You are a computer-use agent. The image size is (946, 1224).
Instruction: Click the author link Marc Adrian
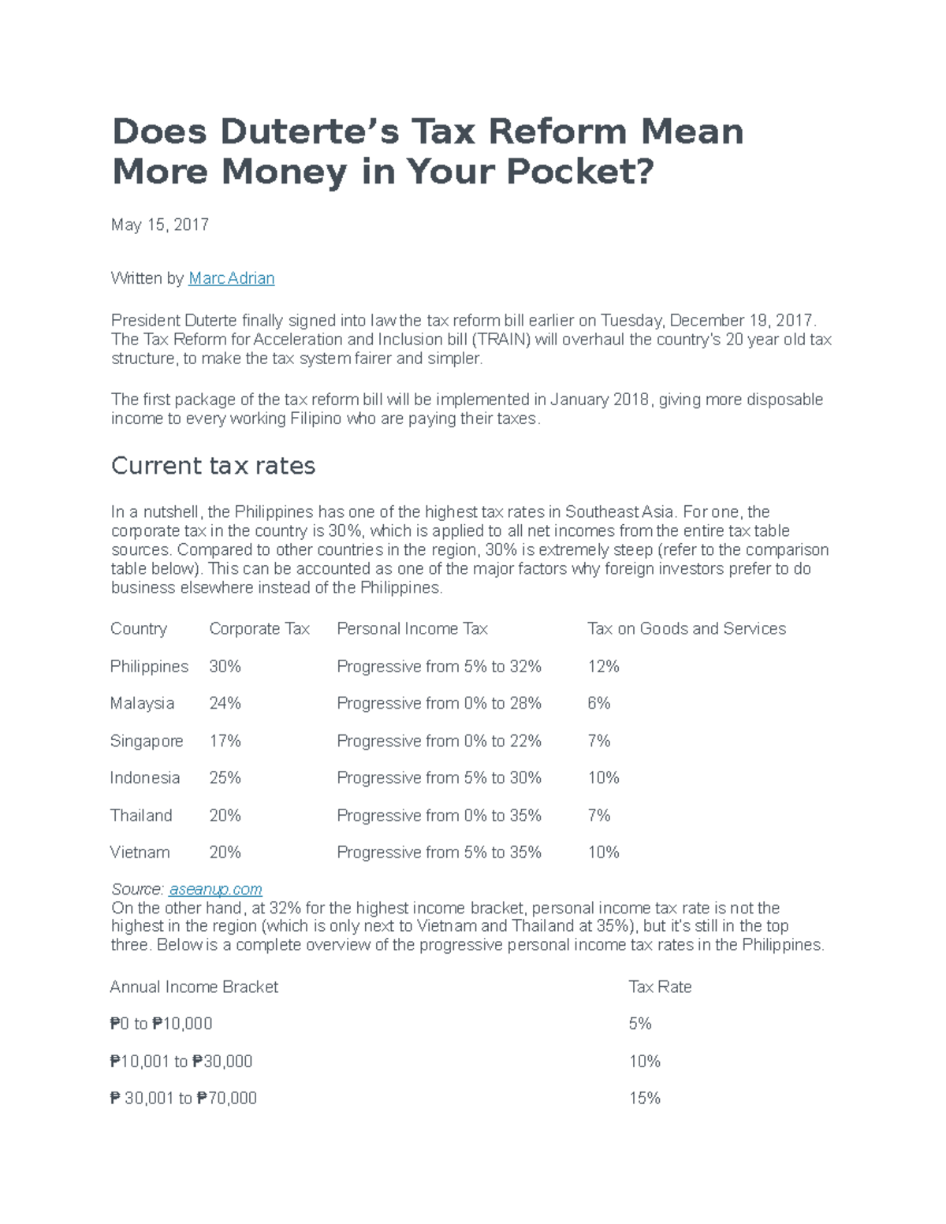point(232,278)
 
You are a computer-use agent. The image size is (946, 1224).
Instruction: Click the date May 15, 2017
point(160,225)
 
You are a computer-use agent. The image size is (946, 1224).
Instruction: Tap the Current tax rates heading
point(213,466)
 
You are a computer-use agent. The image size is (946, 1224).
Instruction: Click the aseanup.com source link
point(215,889)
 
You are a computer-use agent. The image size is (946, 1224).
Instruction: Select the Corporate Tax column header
point(259,629)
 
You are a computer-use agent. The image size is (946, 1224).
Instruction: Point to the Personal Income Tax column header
point(412,629)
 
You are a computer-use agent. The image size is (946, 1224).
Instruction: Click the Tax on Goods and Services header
point(687,629)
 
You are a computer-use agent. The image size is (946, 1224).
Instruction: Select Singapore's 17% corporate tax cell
point(225,741)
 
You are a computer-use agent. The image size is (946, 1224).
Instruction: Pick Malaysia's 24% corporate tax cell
point(225,703)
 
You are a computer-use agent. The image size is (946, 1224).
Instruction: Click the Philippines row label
point(149,667)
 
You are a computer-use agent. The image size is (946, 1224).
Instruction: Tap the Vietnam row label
point(140,853)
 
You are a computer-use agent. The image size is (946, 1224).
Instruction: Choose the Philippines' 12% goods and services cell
point(603,667)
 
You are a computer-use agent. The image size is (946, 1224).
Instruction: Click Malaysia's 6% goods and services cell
point(598,703)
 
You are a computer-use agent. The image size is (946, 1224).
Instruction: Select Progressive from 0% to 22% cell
point(439,741)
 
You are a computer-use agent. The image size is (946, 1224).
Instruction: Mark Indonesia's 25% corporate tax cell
point(225,778)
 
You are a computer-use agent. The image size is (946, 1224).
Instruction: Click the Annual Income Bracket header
point(194,987)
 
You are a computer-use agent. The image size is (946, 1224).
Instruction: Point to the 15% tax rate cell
point(644,1099)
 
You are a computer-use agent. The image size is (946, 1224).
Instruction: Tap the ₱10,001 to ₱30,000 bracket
point(181,1062)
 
